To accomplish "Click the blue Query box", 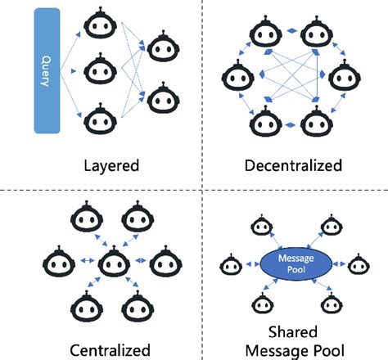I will (47, 71).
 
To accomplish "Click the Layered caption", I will (111, 165).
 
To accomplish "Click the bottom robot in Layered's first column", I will (97, 117).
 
